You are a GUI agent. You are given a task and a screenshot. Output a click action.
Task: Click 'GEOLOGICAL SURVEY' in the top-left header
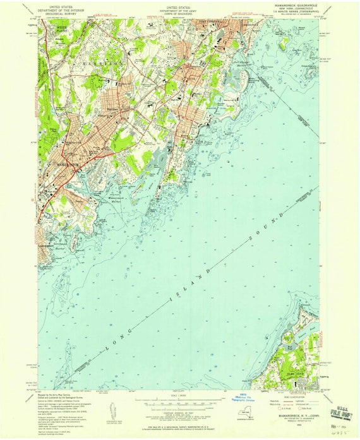tap(69, 14)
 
